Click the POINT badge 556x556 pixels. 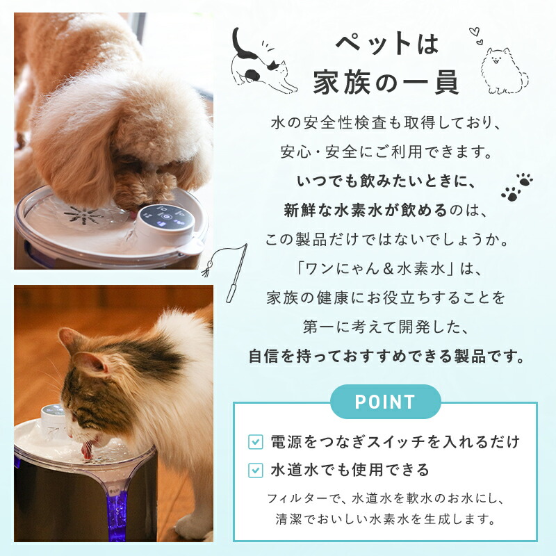pos(385,402)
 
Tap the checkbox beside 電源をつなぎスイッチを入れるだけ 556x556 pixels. pos(256,442)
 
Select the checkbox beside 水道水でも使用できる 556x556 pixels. pos(256,471)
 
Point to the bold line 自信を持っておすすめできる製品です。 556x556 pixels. pos(386,357)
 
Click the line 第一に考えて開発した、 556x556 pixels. pos(386,327)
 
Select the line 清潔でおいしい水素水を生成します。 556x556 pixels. pos(386,518)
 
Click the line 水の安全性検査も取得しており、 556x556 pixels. pos(386,123)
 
